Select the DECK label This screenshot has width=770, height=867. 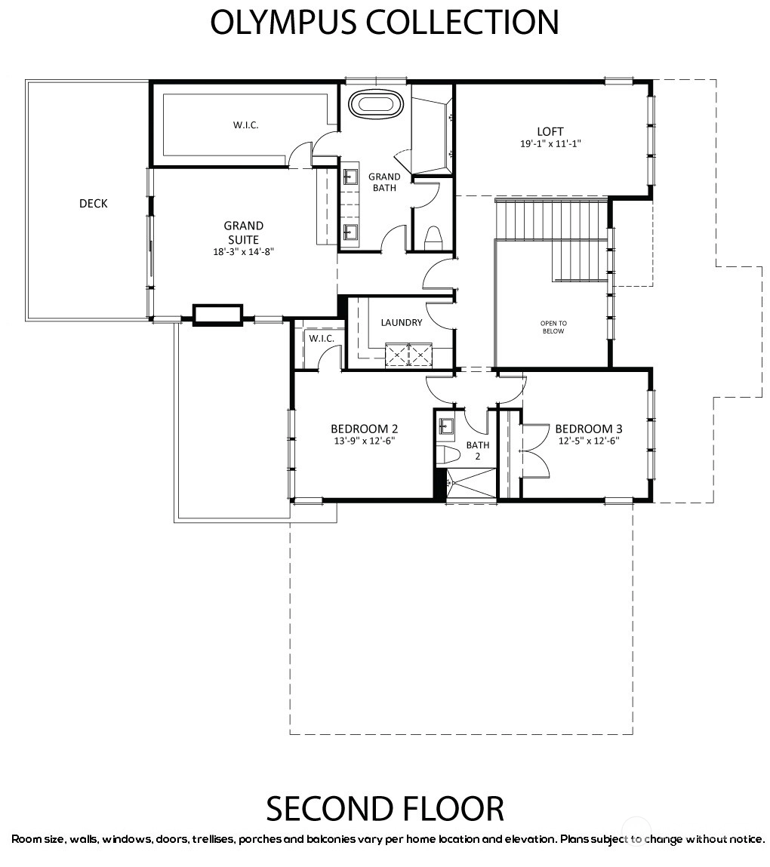[94, 204]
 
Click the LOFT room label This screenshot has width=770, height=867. [550, 131]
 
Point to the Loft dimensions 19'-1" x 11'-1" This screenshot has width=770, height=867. [550, 144]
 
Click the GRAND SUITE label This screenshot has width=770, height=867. [243, 233]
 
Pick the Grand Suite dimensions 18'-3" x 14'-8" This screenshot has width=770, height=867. [243, 251]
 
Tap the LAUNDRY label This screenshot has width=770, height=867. [402, 322]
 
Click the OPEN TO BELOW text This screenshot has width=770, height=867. [553, 327]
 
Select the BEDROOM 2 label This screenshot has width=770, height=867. [365, 429]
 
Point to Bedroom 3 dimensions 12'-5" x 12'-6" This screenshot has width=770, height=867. [589, 441]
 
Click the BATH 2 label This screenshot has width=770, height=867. [477, 450]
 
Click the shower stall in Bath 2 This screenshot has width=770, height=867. [471, 485]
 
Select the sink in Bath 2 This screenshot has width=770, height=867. [446, 426]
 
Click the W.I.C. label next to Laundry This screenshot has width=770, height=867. [322, 338]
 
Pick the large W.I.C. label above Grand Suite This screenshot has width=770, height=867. [245, 125]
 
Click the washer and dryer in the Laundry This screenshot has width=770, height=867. [409, 355]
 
